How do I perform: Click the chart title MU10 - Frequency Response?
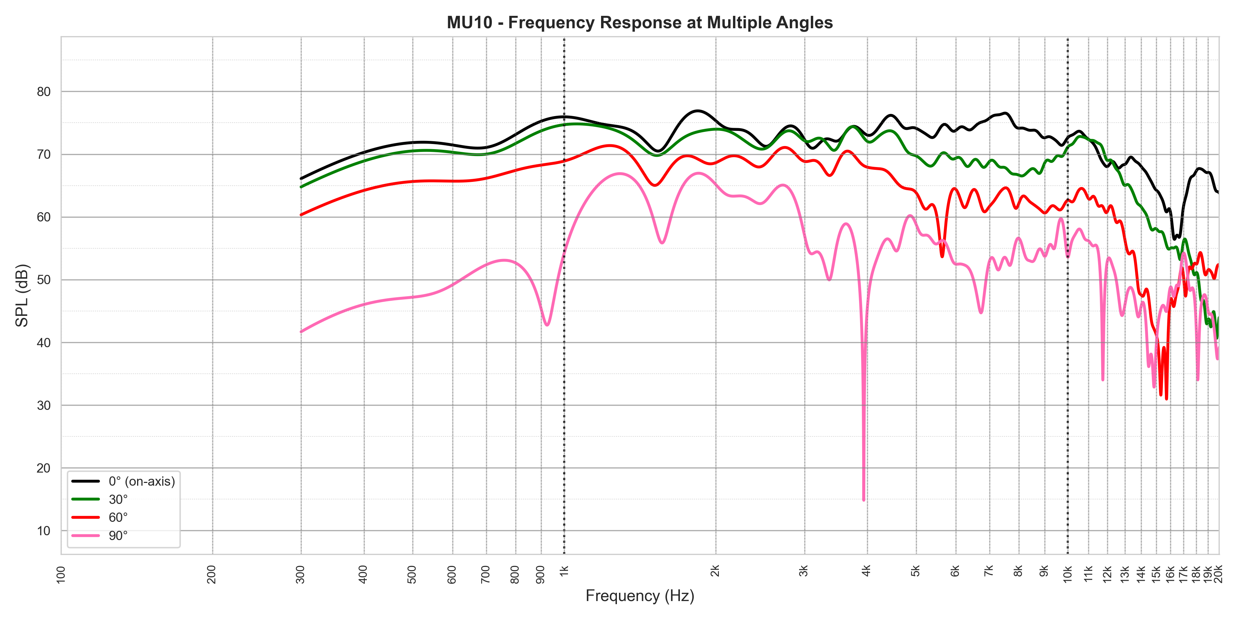coord(639,23)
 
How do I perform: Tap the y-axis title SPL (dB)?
coord(22,295)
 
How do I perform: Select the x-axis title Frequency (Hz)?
coord(639,596)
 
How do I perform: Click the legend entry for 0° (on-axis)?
coord(142,482)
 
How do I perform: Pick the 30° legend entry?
coord(118,499)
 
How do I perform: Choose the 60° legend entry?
coord(118,517)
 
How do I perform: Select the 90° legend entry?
coord(118,535)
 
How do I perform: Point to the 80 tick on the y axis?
coord(44,92)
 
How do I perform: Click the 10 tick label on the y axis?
coord(44,531)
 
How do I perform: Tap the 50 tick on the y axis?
coord(44,280)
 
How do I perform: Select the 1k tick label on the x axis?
coord(564,571)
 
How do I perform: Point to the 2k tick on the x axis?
coord(715,571)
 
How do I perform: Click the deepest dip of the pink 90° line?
coord(864,500)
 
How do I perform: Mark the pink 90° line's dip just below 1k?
coord(547,325)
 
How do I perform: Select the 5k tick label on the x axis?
coord(916,571)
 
